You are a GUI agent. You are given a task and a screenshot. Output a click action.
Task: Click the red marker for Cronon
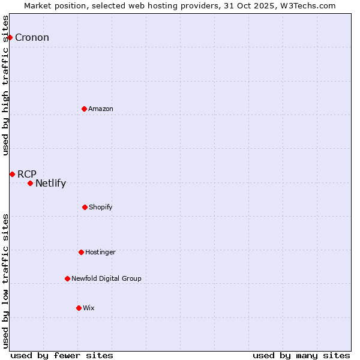tap(10, 37)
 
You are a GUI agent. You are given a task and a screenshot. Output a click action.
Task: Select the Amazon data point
tap(85, 109)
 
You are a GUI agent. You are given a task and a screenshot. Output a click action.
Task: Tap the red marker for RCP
tap(12, 174)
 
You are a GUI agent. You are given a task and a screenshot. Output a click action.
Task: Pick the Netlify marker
tap(30, 183)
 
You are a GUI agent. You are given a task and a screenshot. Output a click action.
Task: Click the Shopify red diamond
tap(85, 207)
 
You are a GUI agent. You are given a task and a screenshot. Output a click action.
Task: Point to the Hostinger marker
tap(81, 252)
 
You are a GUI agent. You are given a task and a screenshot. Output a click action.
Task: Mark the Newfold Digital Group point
tap(67, 278)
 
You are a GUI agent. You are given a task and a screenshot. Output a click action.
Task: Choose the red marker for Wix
tap(79, 308)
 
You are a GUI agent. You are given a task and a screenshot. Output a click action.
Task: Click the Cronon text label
tap(32, 38)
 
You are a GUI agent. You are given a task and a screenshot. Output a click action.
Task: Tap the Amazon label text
tap(101, 109)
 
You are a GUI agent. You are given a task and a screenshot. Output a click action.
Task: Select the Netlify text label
tap(50, 184)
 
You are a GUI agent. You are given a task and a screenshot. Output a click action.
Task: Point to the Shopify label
tap(101, 207)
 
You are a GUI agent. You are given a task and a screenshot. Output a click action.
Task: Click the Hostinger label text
tap(100, 252)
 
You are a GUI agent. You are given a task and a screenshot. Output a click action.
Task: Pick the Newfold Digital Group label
tap(106, 278)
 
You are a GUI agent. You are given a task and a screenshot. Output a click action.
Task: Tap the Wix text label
tap(89, 308)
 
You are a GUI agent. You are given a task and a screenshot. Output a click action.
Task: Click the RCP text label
tap(27, 175)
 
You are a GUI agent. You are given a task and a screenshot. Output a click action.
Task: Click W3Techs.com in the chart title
tap(306, 5)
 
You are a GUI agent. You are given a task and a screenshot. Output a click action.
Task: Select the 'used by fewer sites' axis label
tap(62, 355)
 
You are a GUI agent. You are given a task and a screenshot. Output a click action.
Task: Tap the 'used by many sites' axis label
tap(301, 355)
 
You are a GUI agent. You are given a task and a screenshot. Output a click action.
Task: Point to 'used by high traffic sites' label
tap(5, 85)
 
